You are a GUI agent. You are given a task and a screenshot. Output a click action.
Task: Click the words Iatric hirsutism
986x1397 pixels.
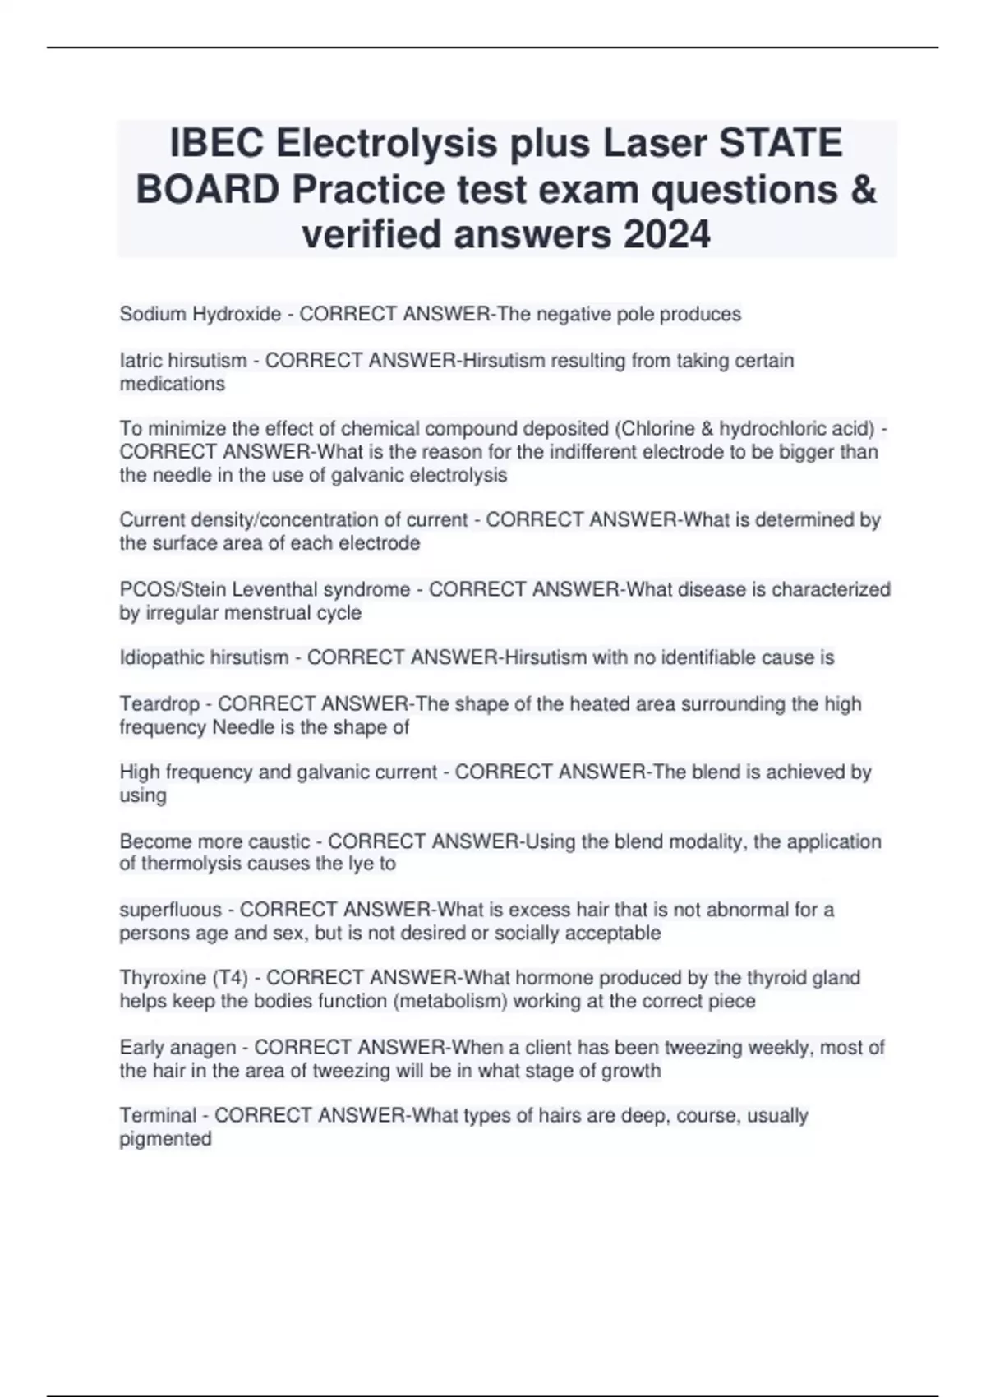point(183,360)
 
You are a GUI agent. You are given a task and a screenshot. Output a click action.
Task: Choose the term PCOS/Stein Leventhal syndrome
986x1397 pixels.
point(265,589)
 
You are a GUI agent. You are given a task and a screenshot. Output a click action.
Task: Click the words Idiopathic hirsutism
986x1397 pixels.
point(204,657)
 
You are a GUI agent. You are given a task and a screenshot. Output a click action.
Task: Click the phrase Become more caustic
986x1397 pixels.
point(214,841)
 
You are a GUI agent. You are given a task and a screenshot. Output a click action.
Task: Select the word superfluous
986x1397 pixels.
point(171,910)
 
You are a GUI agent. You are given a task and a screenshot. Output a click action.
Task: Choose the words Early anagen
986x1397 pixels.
point(178,1047)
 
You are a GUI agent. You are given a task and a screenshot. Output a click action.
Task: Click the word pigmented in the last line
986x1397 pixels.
point(166,1139)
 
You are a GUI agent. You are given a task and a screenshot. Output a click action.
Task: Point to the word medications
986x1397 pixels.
point(172,384)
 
